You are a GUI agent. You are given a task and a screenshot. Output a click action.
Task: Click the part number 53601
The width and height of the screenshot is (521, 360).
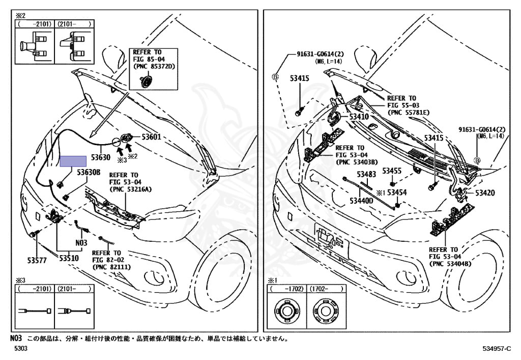tap(151, 137)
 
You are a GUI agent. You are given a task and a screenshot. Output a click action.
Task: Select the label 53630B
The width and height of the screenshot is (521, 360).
tap(89, 172)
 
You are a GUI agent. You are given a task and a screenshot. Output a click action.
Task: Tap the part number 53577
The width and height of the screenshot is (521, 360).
tap(37, 259)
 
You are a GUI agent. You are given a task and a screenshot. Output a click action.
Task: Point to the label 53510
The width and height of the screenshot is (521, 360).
tap(68, 259)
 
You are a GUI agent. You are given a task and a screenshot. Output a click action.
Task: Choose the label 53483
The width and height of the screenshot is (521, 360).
tap(366, 174)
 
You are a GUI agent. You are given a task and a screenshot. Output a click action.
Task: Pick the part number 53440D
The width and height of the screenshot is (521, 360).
tap(362, 201)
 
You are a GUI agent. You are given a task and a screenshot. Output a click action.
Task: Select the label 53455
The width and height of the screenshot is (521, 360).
tap(392, 171)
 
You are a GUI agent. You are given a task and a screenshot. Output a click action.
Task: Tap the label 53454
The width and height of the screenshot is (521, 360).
tap(397, 192)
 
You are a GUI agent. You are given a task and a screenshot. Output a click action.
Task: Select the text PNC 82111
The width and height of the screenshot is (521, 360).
tap(111, 267)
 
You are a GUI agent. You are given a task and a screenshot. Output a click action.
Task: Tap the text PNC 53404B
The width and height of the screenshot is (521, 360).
tap(451, 263)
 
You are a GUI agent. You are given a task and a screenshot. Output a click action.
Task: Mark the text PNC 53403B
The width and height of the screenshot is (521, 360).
tap(356, 162)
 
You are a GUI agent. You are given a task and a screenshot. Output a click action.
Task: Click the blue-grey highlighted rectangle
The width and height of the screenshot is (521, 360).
tap(73, 161)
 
